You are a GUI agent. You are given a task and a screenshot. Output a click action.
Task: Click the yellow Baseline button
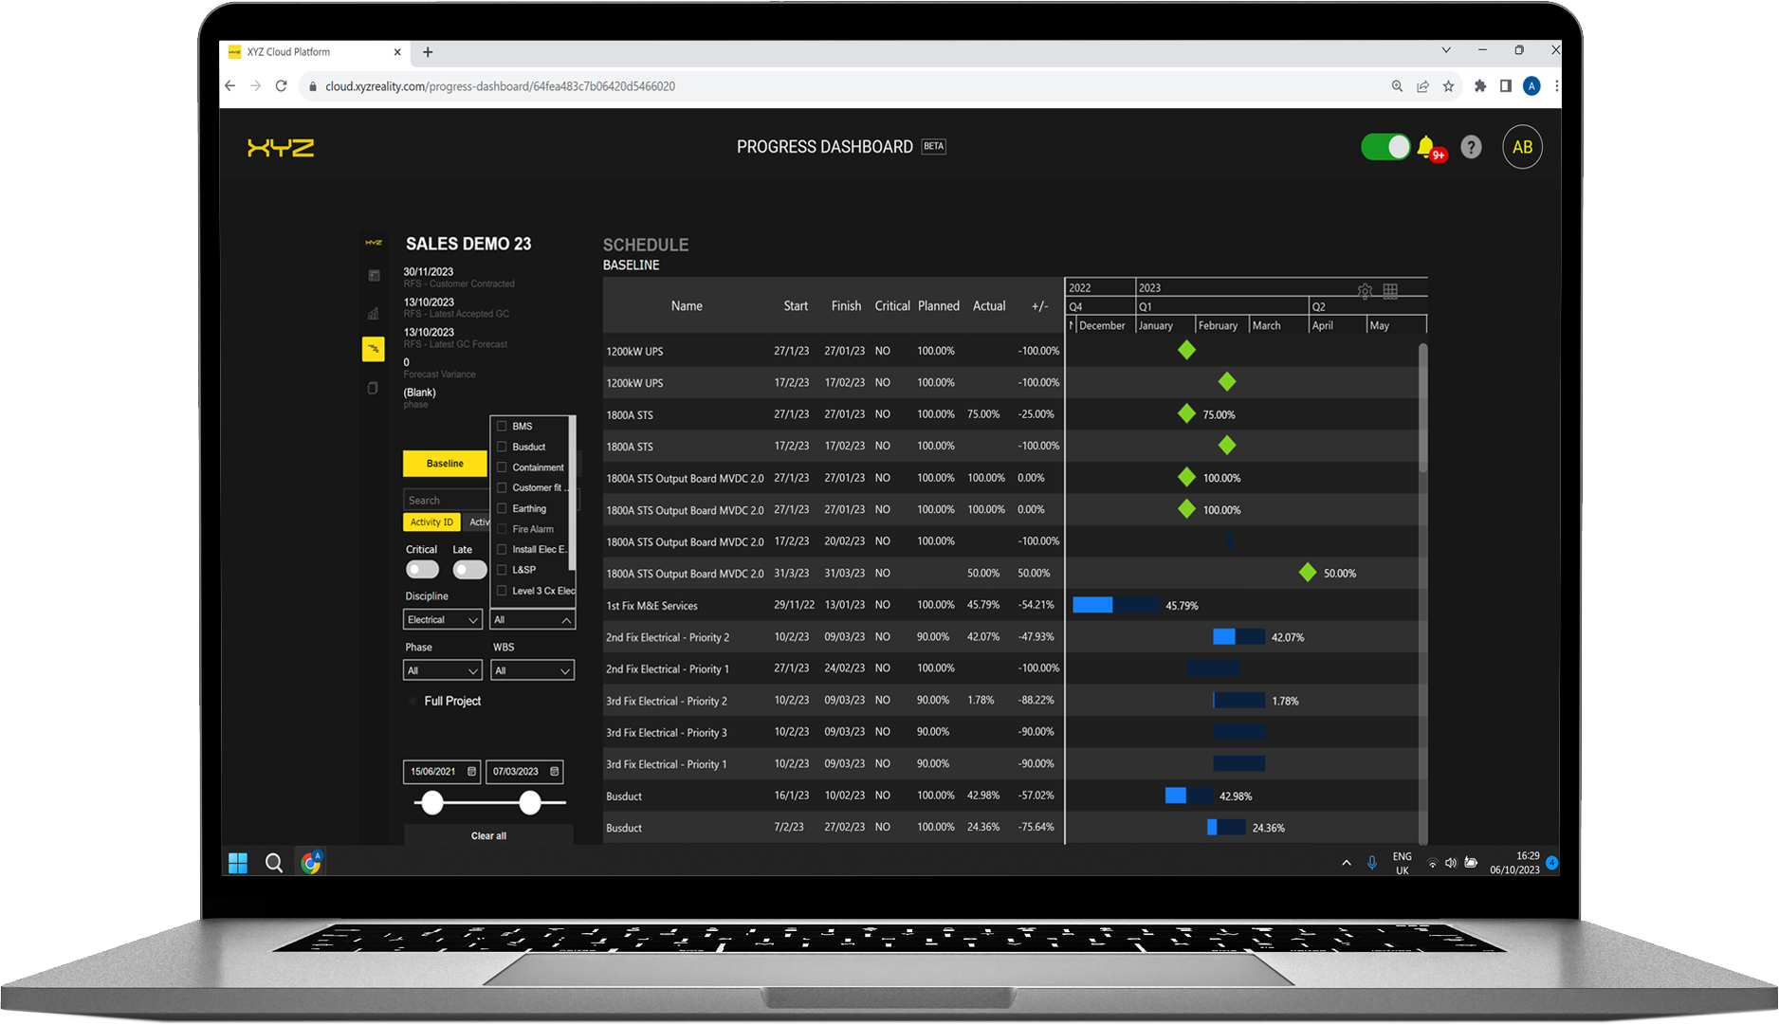point(445,464)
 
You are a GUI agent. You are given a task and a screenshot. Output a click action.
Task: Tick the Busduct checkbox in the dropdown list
point(503,447)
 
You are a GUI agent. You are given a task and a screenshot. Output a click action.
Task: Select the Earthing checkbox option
point(503,508)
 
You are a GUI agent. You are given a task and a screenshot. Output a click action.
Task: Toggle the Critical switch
point(422,569)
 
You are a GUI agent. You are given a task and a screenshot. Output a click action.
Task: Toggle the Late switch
point(469,569)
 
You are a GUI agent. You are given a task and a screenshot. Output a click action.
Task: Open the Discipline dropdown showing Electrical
point(443,620)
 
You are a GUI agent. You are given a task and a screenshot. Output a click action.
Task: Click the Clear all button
point(488,835)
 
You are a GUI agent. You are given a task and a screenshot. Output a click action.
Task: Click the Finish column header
point(846,306)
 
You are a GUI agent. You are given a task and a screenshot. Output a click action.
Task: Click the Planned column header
point(938,306)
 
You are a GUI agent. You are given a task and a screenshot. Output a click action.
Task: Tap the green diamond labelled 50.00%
point(1308,573)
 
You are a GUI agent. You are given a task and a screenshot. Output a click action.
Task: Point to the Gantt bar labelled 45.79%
point(1115,605)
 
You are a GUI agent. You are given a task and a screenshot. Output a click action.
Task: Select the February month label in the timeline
point(1218,325)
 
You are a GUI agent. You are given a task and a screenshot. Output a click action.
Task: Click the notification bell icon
point(1425,147)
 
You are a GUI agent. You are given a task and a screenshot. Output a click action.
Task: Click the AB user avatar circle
point(1522,147)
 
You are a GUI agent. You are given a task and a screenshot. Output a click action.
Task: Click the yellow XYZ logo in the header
point(281,148)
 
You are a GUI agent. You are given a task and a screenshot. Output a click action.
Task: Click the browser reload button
point(282,86)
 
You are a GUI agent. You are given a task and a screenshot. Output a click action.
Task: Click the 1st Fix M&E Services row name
point(651,606)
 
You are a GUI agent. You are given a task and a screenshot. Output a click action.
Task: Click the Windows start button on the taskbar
point(238,863)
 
